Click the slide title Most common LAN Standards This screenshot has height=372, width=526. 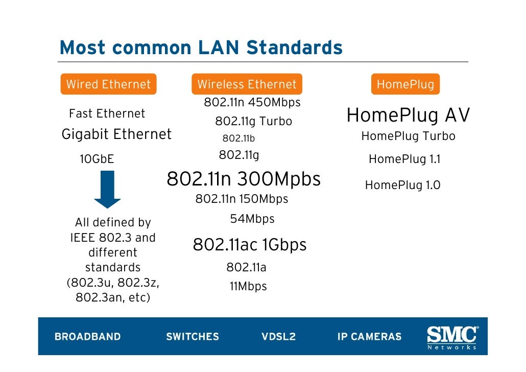tap(201, 48)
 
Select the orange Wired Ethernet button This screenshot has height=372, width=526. tap(108, 84)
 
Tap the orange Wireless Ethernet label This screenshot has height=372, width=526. tap(247, 84)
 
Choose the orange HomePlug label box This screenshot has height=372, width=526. tap(405, 84)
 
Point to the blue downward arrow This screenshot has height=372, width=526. tap(107, 189)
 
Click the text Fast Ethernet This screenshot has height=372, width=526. tap(107, 113)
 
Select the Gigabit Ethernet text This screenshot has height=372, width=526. tap(116, 134)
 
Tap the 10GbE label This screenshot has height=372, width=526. tap(97, 159)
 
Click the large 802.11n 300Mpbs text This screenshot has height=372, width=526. tap(244, 179)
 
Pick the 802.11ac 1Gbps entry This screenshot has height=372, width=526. tap(249, 245)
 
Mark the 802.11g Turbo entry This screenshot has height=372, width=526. tap(253, 122)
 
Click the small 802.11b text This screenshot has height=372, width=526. tap(238, 138)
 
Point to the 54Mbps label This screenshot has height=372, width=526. tap(252, 219)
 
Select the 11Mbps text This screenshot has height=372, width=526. tap(248, 286)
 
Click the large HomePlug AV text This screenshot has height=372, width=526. tap(408, 116)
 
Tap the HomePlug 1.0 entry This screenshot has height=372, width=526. tap(402, 185)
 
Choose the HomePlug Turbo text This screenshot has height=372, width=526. tap(408, 136)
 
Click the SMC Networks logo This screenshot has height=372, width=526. tap(452, 337)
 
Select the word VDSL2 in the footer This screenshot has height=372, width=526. tap(278, 337)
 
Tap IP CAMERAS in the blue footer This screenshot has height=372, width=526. tap(369, 337)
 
